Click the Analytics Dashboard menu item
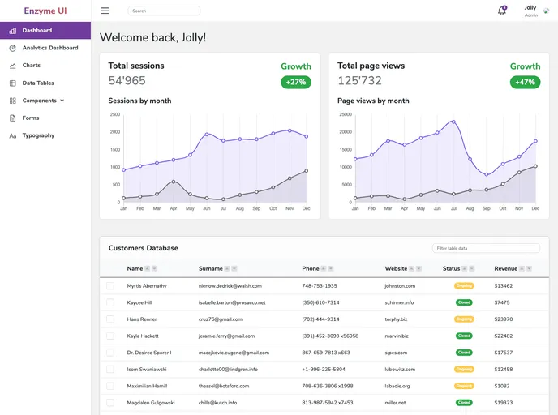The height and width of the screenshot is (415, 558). [x=49, y=48]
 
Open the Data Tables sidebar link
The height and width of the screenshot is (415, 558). [x=38, y=83]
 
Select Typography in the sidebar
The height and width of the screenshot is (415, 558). [x=38, y=135]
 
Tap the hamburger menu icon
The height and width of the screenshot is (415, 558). [x=105, y=11]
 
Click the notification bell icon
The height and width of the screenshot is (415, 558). [x=501, y=11]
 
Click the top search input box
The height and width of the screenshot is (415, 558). [x=164, y=11]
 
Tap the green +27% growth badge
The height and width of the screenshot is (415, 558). [x=296, y=82]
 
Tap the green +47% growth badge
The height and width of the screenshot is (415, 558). [x=525, y=82]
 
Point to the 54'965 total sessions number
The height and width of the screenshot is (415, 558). [x=127, y=80]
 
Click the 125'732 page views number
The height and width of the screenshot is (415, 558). [x=359, y=80]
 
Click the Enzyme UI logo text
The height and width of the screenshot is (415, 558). [x=45, y=11]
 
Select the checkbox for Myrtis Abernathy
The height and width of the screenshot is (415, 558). [x=110, y=285]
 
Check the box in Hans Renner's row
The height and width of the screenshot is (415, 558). [x=110, y=319]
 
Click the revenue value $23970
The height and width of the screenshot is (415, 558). [x=503, y=319]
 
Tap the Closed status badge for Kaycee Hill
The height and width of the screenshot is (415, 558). [x=464, y=302]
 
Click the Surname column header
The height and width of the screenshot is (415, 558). [x=211, y=268]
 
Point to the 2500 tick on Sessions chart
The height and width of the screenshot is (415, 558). [x=114, y=114]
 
